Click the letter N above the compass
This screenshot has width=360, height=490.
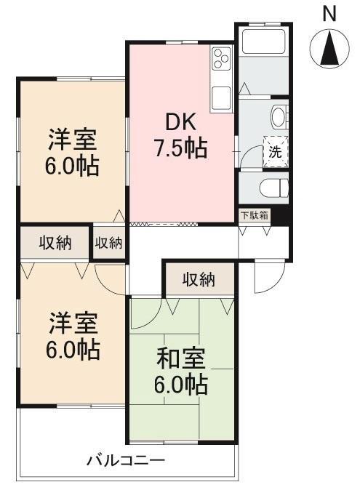[329, 14]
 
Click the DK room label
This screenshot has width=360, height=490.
[180, 122]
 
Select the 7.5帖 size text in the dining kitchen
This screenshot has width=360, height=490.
[180, 148]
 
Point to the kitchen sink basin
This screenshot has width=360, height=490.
[221, 98]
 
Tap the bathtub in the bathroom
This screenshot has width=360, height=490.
[264, 41]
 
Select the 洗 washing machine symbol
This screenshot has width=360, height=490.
[276, 151]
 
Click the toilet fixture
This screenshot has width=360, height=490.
[273, 188]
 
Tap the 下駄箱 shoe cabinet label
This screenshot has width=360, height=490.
[255, 215]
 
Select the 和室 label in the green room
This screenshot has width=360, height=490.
[180, 358]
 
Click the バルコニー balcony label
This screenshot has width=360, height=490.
[126, 460]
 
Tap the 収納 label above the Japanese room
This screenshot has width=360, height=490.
[199, 279]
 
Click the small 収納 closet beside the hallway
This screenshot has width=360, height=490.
[108, 243]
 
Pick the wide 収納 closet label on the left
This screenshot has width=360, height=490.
[55, 243]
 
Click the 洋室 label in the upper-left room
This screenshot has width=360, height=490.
[73, 140]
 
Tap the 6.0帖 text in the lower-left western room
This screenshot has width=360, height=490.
[73, 350]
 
